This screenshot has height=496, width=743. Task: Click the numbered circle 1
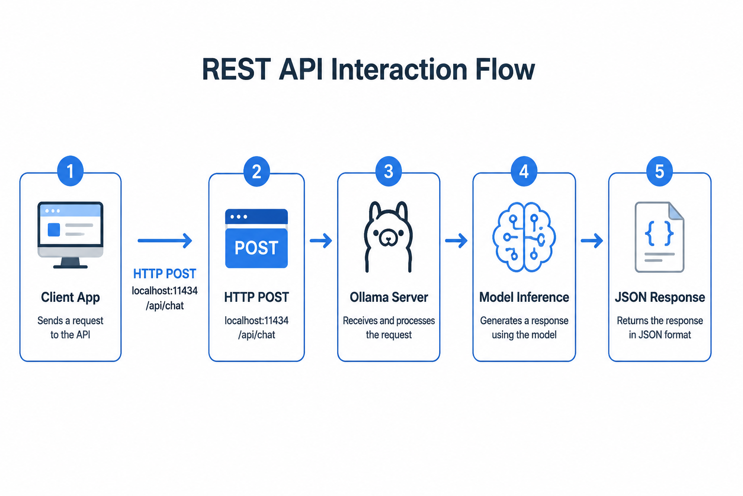[70, 171]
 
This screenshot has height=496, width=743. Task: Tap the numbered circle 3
[388, 171]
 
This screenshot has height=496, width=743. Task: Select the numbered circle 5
[659, 171]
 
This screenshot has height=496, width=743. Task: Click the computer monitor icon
[70, 235]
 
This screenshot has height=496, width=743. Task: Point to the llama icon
[388, 236]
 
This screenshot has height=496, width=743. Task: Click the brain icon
[524, 237]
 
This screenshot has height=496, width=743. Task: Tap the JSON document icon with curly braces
[659, 237]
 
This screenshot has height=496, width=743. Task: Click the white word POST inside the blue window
[256, 248]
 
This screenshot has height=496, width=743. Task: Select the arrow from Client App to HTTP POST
[165, 241]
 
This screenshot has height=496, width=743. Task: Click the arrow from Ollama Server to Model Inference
[457, 241]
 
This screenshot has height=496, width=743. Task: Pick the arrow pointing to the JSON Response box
[592, 241]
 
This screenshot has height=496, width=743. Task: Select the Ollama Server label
[389, 297]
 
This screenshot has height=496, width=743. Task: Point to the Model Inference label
[524, 297]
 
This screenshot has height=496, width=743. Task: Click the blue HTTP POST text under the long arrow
[165, 274]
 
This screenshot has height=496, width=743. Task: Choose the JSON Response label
[660, 297]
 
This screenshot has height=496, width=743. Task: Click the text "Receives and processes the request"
[389, 327]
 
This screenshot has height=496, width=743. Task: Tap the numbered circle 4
[524, 171]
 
